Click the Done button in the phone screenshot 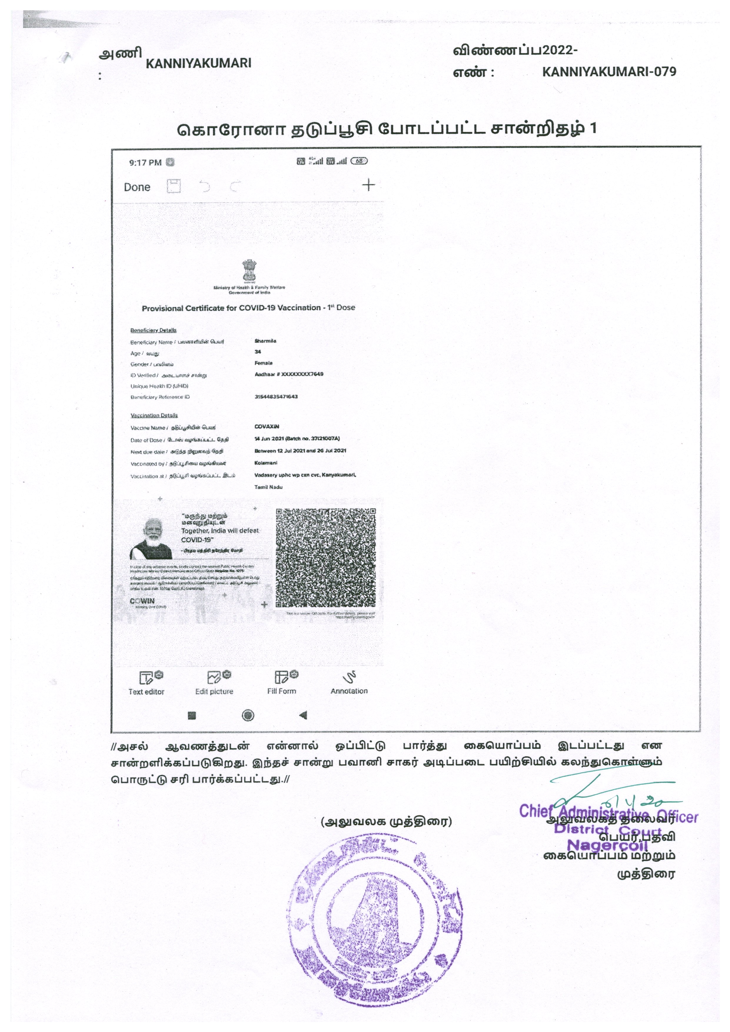(137, 187)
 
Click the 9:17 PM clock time (145, 163)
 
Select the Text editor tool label (147, 692)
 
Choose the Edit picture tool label (214, 692)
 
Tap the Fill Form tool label (282, 691)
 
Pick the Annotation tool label (349, 691)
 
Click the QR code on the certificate (325, 558)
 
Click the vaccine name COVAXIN (267, 426)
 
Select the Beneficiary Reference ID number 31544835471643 (276, 396)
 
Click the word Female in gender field (263, 363)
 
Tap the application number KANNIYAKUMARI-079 (609, 72)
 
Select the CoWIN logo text (142, 601)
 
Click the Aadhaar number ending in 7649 (289, 374)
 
